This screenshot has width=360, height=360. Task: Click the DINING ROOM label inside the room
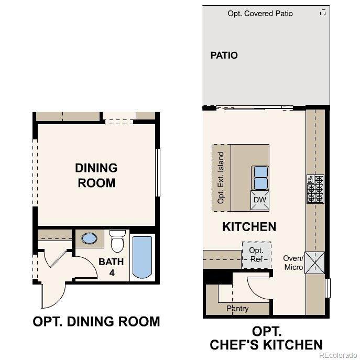[x=96, y=176]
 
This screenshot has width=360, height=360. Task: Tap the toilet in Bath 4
[x=117, y=241]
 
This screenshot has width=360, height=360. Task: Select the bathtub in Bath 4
[x=142, y=258]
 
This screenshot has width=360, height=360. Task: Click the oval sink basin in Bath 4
[x=89, y=238]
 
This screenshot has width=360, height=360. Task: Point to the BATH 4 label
[x=111, y=267]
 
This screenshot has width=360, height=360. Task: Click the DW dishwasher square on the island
[x=260, y=200]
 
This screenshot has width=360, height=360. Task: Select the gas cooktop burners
[x=315, y=189]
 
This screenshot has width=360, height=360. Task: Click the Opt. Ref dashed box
[x=257, y=255]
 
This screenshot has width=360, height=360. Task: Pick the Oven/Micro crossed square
[x=314, y=263]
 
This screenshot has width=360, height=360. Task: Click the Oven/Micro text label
[x=293, y=263]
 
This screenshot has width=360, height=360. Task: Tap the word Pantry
[x=237, y=308]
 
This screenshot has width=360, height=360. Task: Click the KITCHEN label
[x=249, y=227]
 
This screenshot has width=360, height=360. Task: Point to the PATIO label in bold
[x=224, y=56]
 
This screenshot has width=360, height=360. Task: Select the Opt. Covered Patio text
[x=260, y=14]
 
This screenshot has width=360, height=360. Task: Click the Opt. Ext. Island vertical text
[x=221, y=178]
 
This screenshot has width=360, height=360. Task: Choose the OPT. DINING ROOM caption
[x=96, y=321]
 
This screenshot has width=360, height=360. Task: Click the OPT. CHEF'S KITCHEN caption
[x=266, y=338]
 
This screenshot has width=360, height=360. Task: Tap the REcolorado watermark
[x=338, y=355]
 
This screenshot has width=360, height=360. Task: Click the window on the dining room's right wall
[x=158, y=172]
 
